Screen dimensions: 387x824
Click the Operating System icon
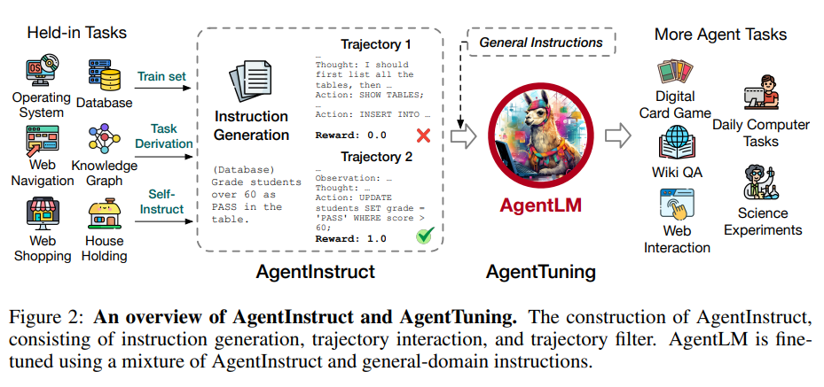pyautogui.click(x=40, y=72)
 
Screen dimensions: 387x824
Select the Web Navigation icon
pyautogui.click(x=38, y=141)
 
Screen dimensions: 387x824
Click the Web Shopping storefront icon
pyautogui.click(x=39, y=213)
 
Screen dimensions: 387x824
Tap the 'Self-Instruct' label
pyautogui.click(x=166, y=202)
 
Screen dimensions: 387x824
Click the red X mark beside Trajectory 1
pyautogui.click(x=423, y=135)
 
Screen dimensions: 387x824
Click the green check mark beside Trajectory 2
pyautogui.click(x=426, y=237)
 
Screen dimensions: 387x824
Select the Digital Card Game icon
pyautogui.click(x=676, y=72)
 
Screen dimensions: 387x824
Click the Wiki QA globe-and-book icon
pyautogui.click(x=677, y=143)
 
